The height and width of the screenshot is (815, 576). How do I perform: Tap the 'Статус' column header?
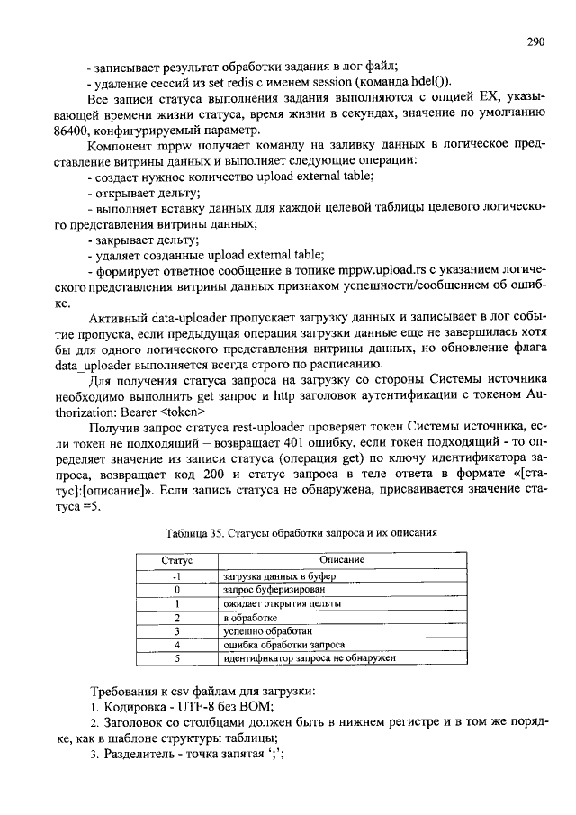point(178,559)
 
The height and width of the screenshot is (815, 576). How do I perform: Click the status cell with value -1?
point(178,575)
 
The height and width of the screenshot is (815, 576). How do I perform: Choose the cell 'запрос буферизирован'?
point(276,589)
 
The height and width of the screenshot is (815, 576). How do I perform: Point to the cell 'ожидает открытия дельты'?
point(283,603)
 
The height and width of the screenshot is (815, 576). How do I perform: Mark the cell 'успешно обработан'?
point(266,631)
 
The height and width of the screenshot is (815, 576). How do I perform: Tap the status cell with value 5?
point(178,659)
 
